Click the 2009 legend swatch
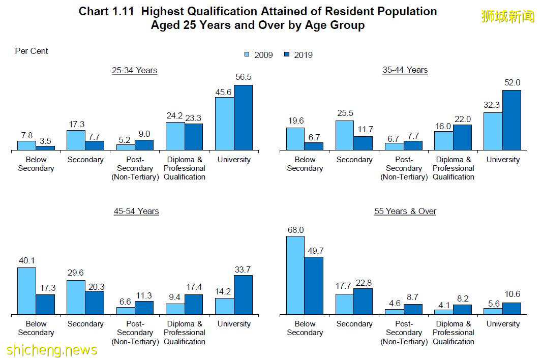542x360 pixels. coord(247,54)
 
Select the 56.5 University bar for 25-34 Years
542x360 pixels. coord(243,117)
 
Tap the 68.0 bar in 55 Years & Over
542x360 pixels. coord(295,275)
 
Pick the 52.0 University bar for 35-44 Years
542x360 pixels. coord(511,120)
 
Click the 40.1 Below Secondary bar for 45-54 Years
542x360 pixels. coord(26,291)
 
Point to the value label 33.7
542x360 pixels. coord(243,269)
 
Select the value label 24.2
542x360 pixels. coord(175,116)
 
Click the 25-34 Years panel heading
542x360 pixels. coord(135,70)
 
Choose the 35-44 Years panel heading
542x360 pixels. coord(405,70)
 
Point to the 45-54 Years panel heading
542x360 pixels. coord(136,211)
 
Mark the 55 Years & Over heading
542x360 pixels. coord(405,211)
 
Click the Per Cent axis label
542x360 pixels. coord(32,51)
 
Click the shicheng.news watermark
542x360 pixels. coord(52,350)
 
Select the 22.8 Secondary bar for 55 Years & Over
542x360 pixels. coord(363,302)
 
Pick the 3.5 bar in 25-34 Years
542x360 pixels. coord(45,148)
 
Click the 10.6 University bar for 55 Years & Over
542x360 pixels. coord(511,309)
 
